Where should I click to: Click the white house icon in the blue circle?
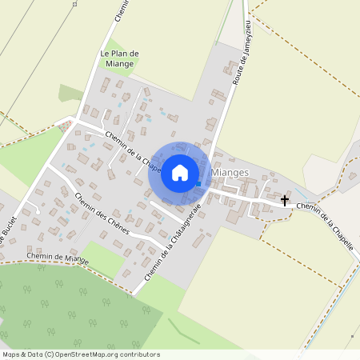coord(180,172)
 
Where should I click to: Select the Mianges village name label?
coord(233,172)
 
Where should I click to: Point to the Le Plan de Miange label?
coord(120,58)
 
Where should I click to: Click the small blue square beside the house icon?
coord(198,183)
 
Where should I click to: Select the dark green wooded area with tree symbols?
coord(64,308)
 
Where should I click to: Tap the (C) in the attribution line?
coord(49,354)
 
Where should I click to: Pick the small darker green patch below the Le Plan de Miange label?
coord(70,94)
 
